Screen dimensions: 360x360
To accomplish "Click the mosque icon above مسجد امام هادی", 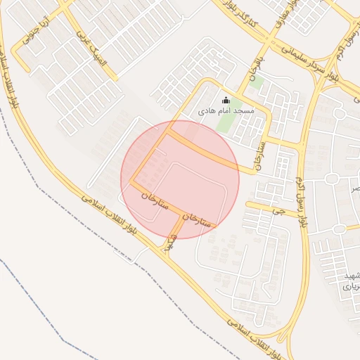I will pyautogui.click(x=226, y=101).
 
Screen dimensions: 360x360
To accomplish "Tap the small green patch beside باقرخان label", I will pyautogui.click(x=257, y=83).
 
